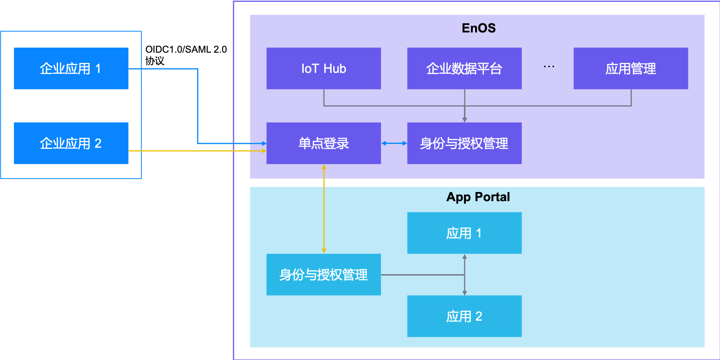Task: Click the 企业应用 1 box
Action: pyautogui.click(x=71, y=68)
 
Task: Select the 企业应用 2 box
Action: pyautogui.click(x=71, y=143)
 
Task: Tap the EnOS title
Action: pyautogui.click(x=478, y=28)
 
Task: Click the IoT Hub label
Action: pyautogui.click(x=324, y=69)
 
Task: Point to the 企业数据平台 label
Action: pyautogui.click(x=464, y=69)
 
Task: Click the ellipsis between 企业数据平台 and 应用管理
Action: pyautogui.click(x=549, y=67)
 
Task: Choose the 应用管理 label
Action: pyautogui.click(x=630, y=69)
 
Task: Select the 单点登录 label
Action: pyautogui.click(x=324, y=144)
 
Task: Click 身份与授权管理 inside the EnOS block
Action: pyautogui.click(x=464, y=144)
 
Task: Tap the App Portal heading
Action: pyautogui.click(x=478, y=197)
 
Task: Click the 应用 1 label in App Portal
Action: pyautogui.click(x=464, y=233)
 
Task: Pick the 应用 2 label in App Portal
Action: pyautogui.click(x=464, y=316)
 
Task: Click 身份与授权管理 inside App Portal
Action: pyautogui.click(x=324, y=275)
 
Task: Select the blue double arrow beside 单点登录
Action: pyautogui.click(x=394, y=143)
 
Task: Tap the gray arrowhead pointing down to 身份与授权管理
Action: pyautogui.click(x=464, y=119)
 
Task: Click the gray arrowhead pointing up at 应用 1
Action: pyautogui.click(x=464, y=257)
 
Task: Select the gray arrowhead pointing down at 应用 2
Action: pyautogui.click(x=464, y=293)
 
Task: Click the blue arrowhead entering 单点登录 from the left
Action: pyautogui.click(x=264, y=143)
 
